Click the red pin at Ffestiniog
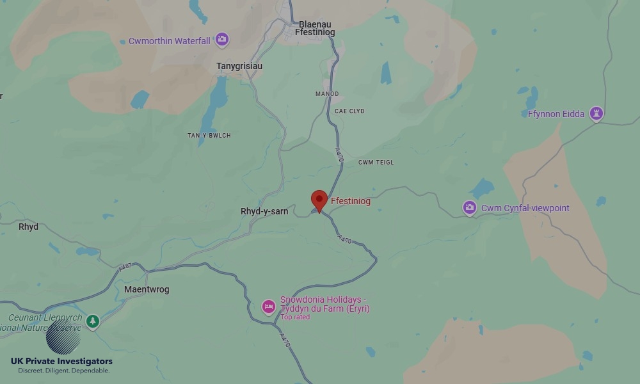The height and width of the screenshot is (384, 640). click(319, 200)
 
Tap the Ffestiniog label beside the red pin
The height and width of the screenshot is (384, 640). click(351, 201)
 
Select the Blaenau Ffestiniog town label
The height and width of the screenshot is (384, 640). click(314, 28)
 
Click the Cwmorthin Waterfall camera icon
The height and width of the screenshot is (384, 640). click(221, 40)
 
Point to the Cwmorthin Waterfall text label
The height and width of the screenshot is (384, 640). click(169, 41)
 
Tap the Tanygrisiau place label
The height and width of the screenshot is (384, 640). click(239, 66)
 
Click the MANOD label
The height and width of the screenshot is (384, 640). click(327, 94)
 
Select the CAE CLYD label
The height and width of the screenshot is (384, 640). click(349, 111)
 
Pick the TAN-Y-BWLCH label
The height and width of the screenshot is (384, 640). click(209, 136)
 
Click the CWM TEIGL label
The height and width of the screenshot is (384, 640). click(376, 163)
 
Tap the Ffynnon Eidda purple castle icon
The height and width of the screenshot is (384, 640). click(596, 114)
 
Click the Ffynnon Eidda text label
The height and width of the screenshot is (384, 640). click(556, 114)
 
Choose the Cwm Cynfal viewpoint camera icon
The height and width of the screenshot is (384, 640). click(470, 208)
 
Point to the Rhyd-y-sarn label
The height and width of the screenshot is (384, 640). click(264, 211)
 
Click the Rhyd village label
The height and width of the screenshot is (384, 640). click(28, 227)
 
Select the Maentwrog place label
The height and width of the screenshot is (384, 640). click(147, 289)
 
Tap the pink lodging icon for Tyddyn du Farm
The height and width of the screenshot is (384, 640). click(269, 307)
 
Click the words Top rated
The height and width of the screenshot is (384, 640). click(295, 317)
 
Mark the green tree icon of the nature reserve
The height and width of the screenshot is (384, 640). click(93, 321)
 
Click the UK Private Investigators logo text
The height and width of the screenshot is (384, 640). click(61, 362)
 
